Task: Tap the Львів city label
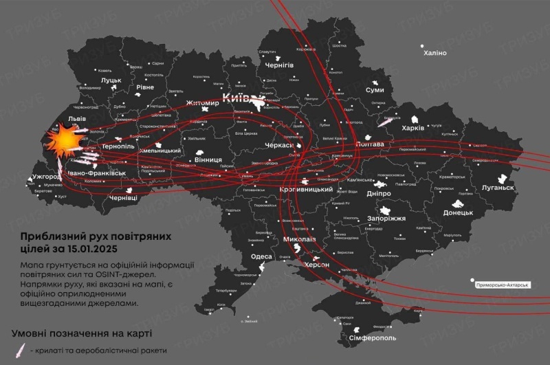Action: pos(76,119)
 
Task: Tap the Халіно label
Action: pos(434,53)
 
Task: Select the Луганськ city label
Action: pos(498,187)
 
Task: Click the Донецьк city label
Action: pos(458,212)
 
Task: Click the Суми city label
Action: pos(375,90)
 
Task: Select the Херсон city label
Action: pos(317,264)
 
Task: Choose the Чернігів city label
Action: pos(279,65)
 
